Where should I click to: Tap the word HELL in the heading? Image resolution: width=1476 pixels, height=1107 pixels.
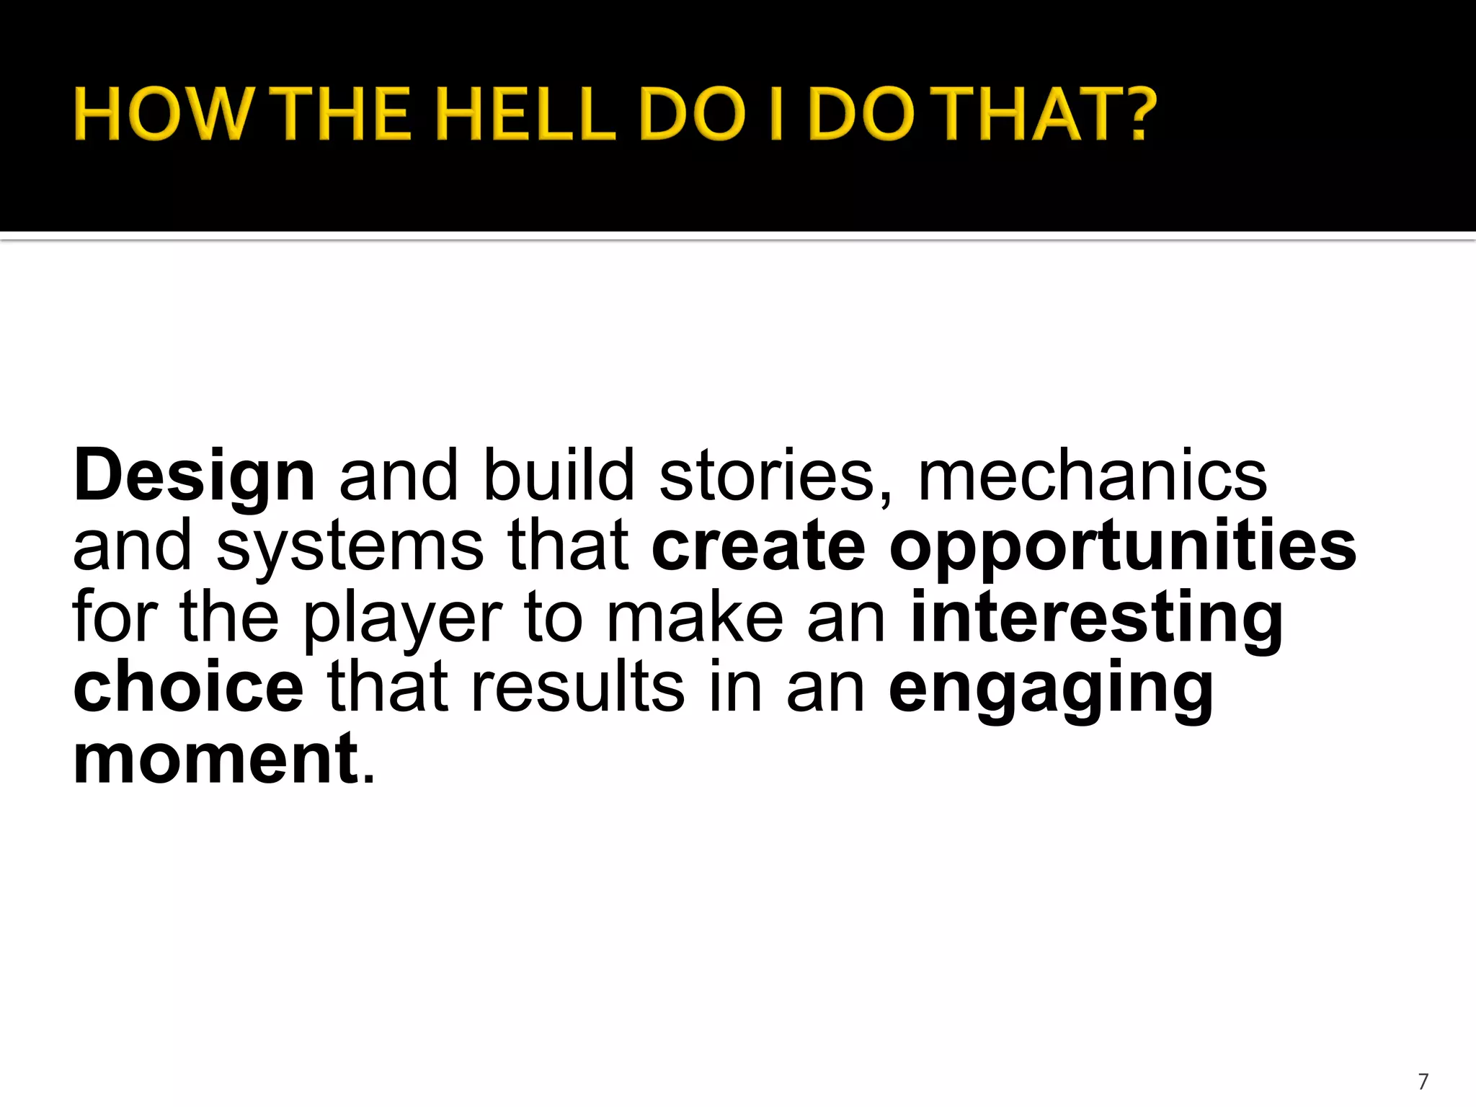pyautogui.click(x=526, y=114)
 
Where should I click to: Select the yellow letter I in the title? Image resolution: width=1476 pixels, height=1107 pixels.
pyautogui.click(x=776, y=114)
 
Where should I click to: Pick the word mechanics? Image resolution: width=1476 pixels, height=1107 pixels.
pyautogui.click(x=1092, y=476)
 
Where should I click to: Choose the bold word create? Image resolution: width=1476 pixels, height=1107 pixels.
pyautogui.click(x=758, y=546)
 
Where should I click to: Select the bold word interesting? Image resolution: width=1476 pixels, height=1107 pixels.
pyautogui.click(x=1097, y=618)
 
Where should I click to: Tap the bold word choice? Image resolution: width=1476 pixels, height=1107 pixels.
pyautogui.click(x=188, y=688)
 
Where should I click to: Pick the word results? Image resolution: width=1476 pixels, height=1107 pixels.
pyautogui.click(x=577, y=688)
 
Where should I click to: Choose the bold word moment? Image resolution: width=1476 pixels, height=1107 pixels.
pyautogui.click(x=215, y=758)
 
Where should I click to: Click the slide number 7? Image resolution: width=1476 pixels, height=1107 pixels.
pyautogui.click(x=1423, y=1081)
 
